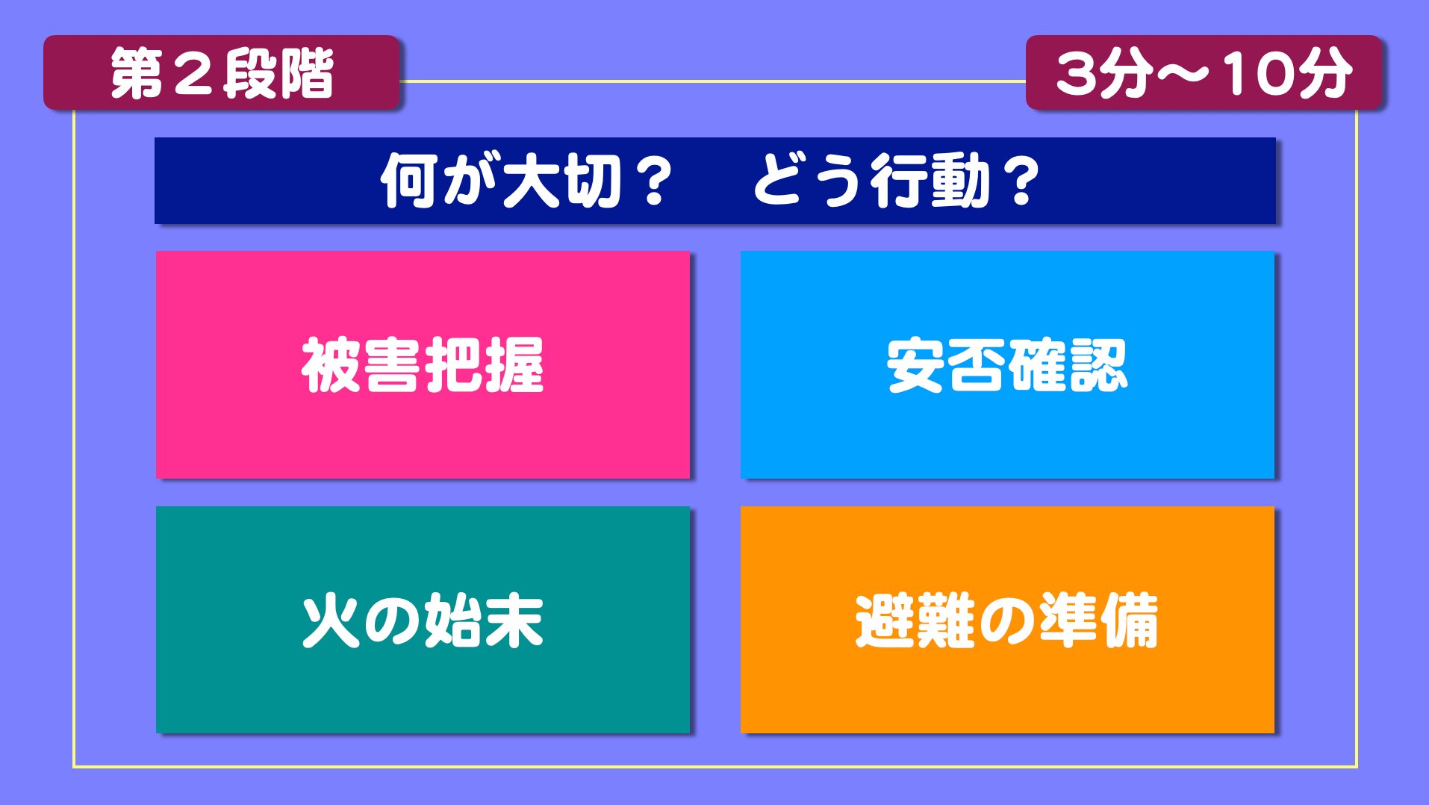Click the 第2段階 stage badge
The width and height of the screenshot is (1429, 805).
(222, 72)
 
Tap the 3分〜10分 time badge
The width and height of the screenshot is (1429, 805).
(1204, 72)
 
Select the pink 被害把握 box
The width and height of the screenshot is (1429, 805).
(423, 364)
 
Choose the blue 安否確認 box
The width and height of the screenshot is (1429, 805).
(1007, 364)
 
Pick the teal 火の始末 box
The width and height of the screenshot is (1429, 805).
(423, 620)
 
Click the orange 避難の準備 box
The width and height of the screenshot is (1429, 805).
(1007, 620)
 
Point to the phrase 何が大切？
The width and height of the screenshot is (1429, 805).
(526, 181)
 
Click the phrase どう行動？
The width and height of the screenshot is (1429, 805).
(896, 181)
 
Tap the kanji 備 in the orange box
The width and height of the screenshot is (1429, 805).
(1129, 621)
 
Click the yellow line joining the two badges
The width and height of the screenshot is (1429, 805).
(713, 81)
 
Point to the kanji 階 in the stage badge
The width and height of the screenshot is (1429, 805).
(306, 74)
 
